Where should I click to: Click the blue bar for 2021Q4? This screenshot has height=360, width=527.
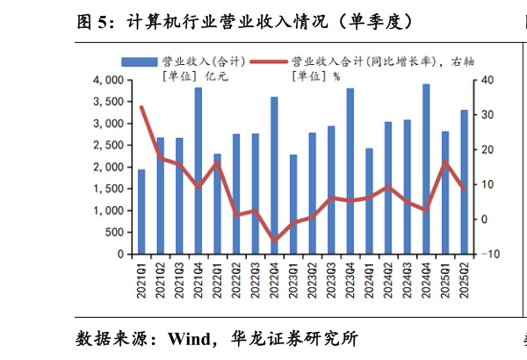tap(199, 171)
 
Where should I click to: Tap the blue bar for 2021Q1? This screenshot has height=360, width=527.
tap(141, 212)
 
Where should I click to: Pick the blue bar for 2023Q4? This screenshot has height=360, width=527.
tap(350, 171)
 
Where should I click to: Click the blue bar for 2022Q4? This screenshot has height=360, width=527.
tap(274, 176)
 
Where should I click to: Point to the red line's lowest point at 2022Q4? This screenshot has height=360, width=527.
tap(274, 240)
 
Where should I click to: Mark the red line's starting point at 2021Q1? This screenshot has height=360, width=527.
tap(141, 107)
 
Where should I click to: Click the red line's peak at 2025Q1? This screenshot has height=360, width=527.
tap(445, 162)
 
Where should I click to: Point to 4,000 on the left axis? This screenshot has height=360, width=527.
tap(108, 80)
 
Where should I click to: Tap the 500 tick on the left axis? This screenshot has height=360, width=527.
tap(115, 233)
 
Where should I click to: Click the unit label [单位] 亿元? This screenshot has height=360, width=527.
tap(195, 76)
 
